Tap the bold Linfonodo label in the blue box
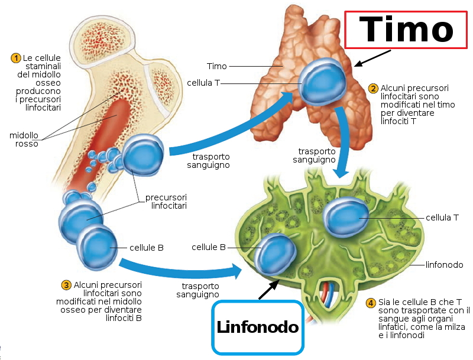(257, 327)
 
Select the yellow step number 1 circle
(16, 58)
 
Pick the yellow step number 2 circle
(373, 89)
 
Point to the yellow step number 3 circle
(66, 285)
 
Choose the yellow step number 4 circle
(371, 303)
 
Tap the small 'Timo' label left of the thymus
(216, 66)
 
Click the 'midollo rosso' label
(24, 140)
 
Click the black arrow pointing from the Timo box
(373, 58)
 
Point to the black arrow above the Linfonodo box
(269, 289)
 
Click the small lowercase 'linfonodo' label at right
(444, 265)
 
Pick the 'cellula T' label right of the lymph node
(442, 218)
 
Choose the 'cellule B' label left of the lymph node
(208, 247)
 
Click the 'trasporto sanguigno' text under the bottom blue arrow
(198, 290)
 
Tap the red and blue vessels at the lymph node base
(327, 291)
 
